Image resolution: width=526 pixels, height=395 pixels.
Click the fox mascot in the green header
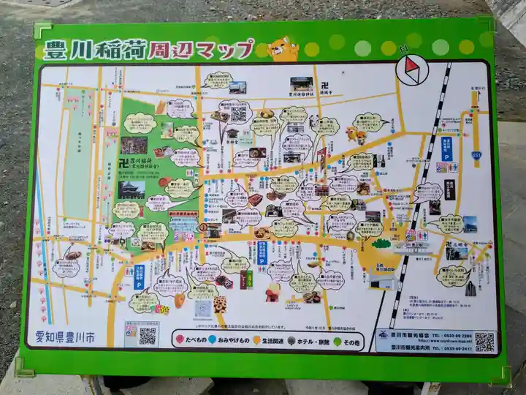click(x=283, y=50)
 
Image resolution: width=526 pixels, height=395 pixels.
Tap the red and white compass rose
click(x=410, y=70)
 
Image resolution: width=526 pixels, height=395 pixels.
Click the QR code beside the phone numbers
click(x=484, y=342)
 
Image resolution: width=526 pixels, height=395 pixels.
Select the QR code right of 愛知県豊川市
click(x=148, y=336)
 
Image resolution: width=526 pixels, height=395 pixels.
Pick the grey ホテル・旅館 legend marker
click(x=291, y=340)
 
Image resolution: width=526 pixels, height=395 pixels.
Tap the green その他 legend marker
click(x=337, y=340)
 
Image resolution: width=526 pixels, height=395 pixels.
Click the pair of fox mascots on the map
click(x=357, y=135)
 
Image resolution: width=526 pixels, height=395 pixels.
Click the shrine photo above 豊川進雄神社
click(x=301, y=84)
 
